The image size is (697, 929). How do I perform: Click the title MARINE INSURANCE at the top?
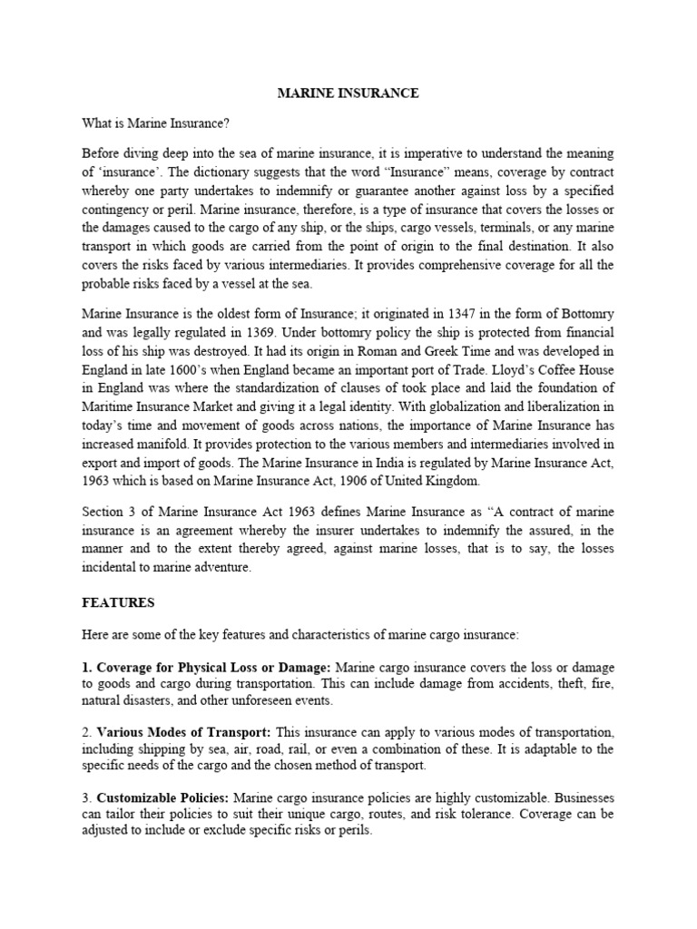[348, 93]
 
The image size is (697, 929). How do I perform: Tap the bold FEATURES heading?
[118, 602]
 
